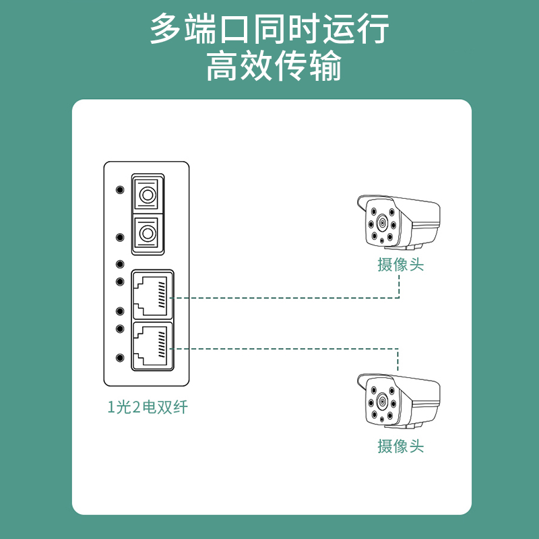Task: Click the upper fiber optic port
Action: point(148,195)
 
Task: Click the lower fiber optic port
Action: point(148,233)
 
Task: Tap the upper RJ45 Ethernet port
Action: point(152,295)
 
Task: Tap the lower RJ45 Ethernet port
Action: point(152,346)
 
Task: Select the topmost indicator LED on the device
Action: point(120,189)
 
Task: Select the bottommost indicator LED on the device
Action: point(120,358)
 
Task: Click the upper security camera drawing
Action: point(398,222)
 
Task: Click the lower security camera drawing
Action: point(398,401)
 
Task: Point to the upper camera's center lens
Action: point(382,224)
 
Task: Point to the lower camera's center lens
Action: point(382,402)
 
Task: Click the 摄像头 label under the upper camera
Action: point(401,265)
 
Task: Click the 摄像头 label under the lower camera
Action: point(401,446)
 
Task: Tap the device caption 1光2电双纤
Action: point(148,407)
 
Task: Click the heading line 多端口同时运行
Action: point(270,29)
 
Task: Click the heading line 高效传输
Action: point(274,65)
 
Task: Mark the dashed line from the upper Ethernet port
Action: point(285,298)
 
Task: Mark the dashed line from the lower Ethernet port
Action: point(284,349)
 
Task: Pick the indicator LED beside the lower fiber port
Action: point(120,237)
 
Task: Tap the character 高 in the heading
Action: point(222,65)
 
